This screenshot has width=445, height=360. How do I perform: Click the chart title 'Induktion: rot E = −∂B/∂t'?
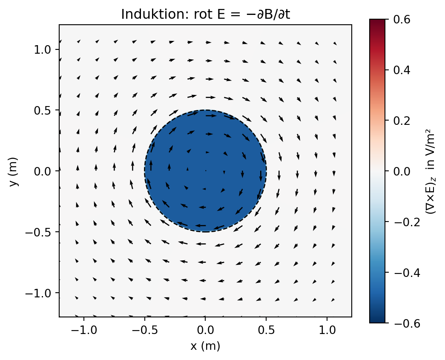[206, 14]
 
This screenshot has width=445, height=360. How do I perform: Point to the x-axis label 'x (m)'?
[205, 346]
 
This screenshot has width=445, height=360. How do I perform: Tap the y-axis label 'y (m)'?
[13, 171]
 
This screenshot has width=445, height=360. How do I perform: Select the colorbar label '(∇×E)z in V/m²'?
[430, 171]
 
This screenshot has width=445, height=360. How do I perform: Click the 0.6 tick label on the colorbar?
[402, 19]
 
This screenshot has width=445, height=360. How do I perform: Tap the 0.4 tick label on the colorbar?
[402, 70]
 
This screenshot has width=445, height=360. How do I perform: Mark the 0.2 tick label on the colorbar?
[402, 121]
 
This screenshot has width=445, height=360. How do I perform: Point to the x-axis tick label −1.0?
[84, 330]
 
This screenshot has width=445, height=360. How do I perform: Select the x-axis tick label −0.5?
[145, 330]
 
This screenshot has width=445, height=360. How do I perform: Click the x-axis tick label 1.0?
[327, 330]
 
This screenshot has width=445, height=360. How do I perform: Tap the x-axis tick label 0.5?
[266, 330]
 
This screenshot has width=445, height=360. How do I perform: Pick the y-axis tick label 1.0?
[42, 50]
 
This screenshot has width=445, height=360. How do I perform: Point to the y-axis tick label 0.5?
[42, 110]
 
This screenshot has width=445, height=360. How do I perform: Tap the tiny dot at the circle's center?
[206, 171]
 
